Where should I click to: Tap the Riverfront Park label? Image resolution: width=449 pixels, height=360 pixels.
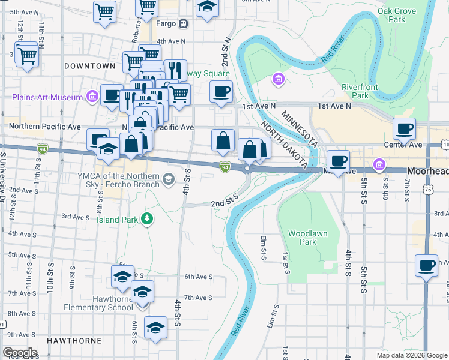(363, 91)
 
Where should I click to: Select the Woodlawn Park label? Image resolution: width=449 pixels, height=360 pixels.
(302, 238)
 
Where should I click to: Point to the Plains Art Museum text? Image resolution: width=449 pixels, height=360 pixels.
(47, 97)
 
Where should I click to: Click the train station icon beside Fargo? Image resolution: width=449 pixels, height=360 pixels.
(184, 24)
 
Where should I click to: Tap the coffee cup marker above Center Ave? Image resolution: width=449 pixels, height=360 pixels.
(404, 128)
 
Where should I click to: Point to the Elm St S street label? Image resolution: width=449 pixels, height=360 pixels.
(263, 248)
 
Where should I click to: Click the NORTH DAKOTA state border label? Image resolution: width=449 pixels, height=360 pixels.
(282, 143)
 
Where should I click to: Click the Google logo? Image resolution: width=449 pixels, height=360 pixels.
(20, 353)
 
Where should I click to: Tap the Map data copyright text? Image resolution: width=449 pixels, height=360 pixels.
(411, 355)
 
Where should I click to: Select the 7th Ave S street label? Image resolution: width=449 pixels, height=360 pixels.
(198, 298)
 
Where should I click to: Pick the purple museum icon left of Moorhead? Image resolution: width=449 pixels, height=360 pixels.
(379, 164)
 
